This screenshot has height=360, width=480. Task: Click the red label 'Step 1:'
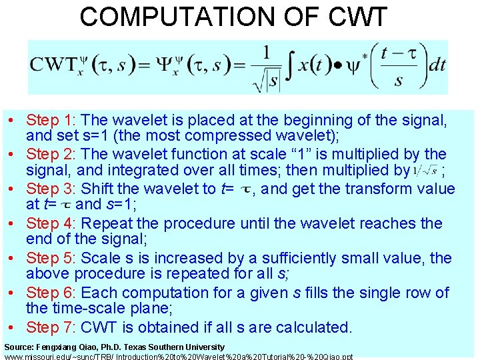pos(52,121)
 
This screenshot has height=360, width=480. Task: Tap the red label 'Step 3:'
pos(52,189)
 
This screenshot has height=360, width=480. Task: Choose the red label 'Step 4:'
pos(52,223)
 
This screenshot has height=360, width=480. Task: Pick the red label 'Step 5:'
pos(52,258)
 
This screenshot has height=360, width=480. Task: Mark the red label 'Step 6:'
pos(52,293)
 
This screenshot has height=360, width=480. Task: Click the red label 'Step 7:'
pos(52,327)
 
